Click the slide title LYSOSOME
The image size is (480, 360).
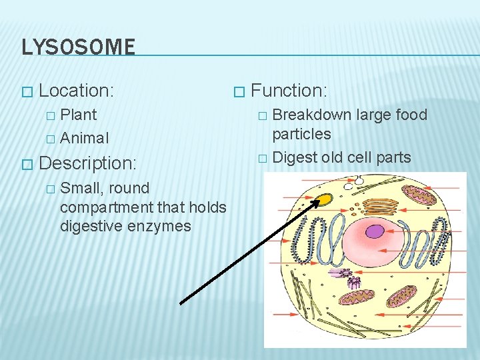tap(78, 47)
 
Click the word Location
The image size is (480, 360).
tap(75, 90)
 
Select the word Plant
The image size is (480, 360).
tap(78, 115)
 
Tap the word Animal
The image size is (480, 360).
tap(84, 138)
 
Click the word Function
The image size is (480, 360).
tap(287, 90)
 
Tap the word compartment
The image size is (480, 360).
tap(104, 207)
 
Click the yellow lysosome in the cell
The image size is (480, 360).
tap(325, 199)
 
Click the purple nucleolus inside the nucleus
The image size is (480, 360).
tap(375, 232)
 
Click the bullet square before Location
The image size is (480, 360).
tap(26, 91)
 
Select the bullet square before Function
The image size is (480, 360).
tap(239, 91)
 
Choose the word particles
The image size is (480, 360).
tap(301, 134)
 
